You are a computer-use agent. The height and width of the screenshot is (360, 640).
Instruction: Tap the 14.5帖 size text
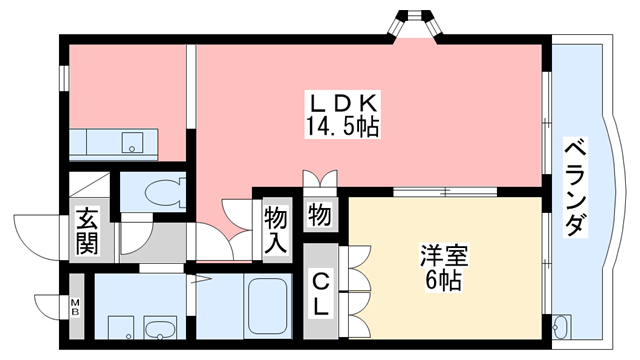(342, 126)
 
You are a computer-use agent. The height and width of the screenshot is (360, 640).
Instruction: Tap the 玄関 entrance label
(85, 230)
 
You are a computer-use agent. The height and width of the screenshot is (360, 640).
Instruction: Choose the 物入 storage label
(276, 229)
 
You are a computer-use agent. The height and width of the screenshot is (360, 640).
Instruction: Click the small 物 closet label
(320, 214)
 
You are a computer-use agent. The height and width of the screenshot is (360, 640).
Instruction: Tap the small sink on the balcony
(561, 326)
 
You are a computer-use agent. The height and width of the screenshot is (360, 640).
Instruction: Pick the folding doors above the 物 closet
(320, 181)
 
